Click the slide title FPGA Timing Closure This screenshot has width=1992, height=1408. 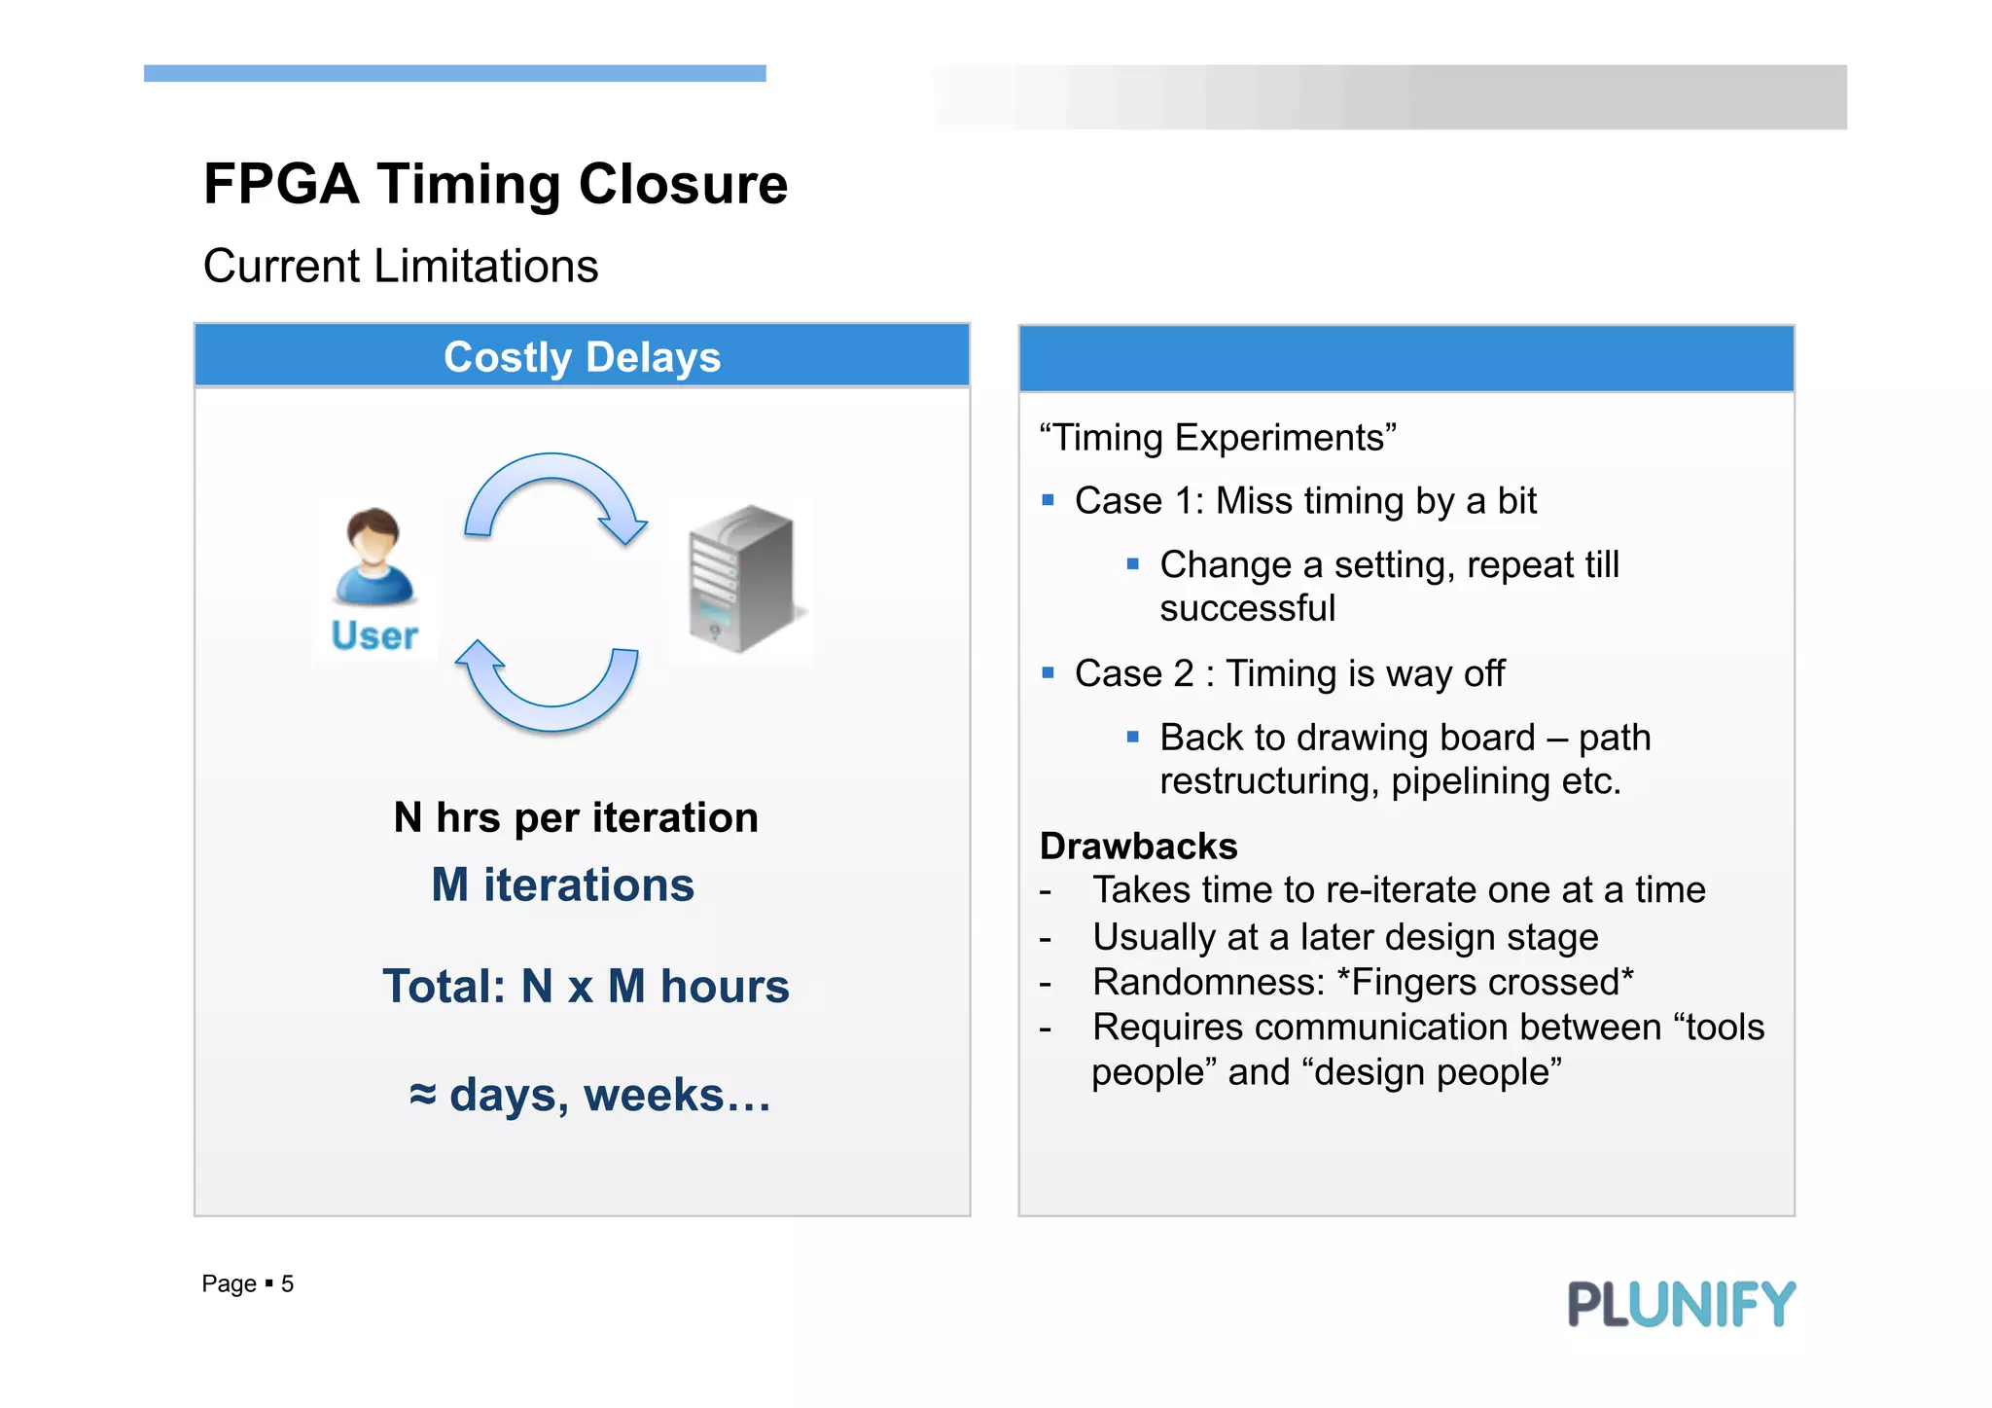(x=495, y=184)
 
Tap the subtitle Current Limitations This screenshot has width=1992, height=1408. (x=400, y=267)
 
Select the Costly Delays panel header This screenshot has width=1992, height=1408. (x=582, y=357)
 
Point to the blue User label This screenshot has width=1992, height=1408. (x=374, y=635)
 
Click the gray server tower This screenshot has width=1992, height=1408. (x=741, y=579)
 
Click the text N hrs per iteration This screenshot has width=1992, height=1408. (x=576, y=817)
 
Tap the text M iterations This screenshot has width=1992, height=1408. (x=562, y=885)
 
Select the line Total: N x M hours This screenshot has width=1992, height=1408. (x=586, y=986)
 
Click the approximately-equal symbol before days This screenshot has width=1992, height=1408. (x=422, y=1095)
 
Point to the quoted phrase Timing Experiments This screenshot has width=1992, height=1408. (x=1217, y=438)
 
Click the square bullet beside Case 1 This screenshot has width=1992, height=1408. (x=1048, y=501)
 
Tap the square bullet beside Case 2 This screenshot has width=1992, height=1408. (x=1048, y=673)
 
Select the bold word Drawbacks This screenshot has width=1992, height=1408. (x=1138, y=847)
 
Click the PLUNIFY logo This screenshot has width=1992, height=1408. (x=1681, y=1304)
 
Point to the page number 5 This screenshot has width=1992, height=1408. (x=287, y=1284)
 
